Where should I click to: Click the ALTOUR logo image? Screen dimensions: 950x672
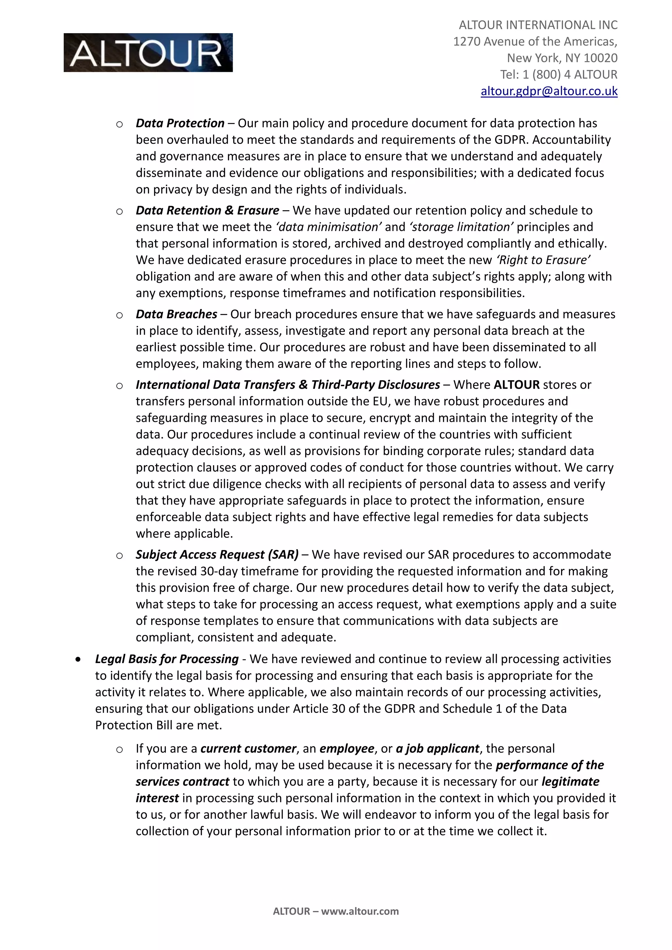click(x=148, y=52)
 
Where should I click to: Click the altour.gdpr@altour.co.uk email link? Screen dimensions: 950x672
click(x=549, y=91)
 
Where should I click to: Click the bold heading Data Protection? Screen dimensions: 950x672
click(x=180, y=123)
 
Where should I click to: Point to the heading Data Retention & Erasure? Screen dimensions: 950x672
click(x=207, y=211)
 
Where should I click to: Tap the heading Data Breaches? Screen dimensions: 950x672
click(x=176, y=315)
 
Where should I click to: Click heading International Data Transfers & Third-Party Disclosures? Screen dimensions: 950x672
click(x=287, y=385)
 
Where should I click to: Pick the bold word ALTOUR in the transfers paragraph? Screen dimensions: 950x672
click(x=516, y=385)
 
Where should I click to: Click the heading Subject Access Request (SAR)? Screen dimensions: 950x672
click(x=217, y=555)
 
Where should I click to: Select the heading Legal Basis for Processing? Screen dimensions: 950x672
click(x=167, y=659)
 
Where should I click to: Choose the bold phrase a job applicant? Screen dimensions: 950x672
click(x=437, y=749)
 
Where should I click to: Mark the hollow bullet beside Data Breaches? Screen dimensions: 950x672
click(x=119, y=315)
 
